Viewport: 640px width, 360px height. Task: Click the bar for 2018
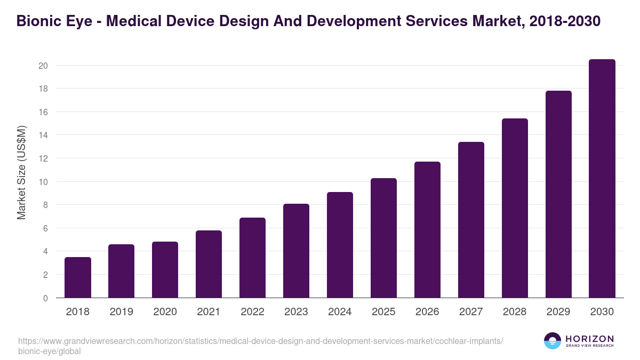click(x=78, y=277)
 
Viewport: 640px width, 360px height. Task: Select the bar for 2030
click(x=602, y=179)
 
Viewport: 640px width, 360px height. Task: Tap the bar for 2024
click(x=340, y=245)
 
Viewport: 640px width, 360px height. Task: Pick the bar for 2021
click(x=209, y=264)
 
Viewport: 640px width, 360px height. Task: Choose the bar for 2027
click(x=471, y=220)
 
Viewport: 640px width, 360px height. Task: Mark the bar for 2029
click(x=558, y=194)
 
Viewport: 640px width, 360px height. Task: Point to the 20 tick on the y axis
click(x=43, y=66)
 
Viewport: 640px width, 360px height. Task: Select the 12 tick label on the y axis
click(x=43, y=158)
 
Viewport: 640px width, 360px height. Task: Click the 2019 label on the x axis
click(x=121, y=312)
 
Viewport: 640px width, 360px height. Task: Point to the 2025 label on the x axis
click(x=383, y=312)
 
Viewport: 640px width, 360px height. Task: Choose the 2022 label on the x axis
click(x=252, y=312)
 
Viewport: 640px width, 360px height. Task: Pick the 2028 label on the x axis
click(x=515, y=312)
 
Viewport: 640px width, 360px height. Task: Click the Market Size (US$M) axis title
click(x=21, y=172)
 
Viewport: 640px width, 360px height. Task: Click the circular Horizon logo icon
click(x=553, y=341)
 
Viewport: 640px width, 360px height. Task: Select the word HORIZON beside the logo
click(x=589, y=339)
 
